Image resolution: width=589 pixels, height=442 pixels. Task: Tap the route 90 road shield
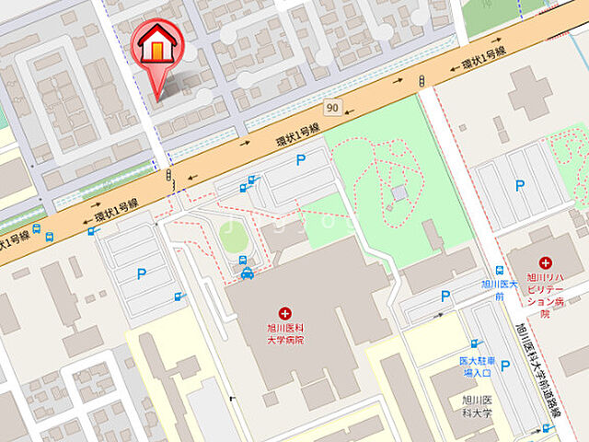pyautogui.click(x=331, y=109)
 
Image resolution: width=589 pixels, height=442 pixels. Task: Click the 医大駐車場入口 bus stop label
pyautogui.click(x=477, y=366)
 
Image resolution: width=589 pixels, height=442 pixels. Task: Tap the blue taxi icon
pyautogui.click(x=247, y=273)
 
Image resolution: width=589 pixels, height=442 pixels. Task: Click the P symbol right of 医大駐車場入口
pyautogui.click(x=505, y=366)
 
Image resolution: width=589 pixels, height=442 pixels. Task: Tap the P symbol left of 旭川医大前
pyautogui.click(x=445, y=297)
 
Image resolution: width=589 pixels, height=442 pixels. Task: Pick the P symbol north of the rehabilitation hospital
pyautogui.click(x=520, y=186)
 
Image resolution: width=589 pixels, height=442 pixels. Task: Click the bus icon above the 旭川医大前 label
pyautogui.click(x=499, y=272)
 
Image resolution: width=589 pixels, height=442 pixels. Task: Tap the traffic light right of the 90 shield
pyautogui.click(x=421, y=80)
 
